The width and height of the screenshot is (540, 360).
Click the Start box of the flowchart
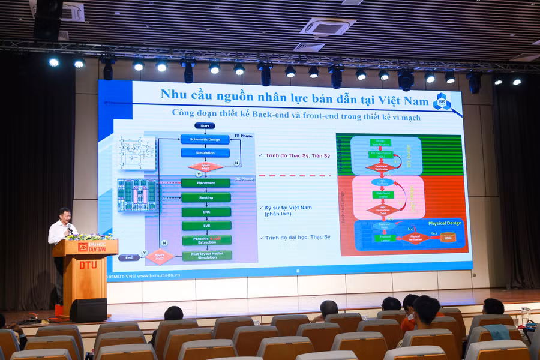coord(205,125)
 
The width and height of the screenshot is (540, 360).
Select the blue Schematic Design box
coord(205,139)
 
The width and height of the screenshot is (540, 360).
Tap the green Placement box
coord(205,183)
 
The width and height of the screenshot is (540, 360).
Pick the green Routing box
coord(206,197)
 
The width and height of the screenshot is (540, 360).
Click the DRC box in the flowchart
coord(206,212)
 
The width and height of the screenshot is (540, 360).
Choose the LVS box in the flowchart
coord(206,226)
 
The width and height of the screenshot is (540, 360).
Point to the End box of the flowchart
coord(128,257)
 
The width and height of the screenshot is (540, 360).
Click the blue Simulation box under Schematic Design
coord(205,153)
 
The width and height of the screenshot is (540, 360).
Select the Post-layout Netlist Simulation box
coord(206,255)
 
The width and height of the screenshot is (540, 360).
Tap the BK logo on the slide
coord(442,101)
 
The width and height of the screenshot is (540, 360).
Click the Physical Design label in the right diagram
coord(445,223)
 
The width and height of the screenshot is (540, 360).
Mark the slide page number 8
coord(297,271)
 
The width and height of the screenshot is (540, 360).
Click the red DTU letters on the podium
coord(88,265)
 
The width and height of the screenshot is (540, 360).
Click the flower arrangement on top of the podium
coord(89,236)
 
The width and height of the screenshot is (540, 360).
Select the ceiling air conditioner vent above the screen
coord(328,26)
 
